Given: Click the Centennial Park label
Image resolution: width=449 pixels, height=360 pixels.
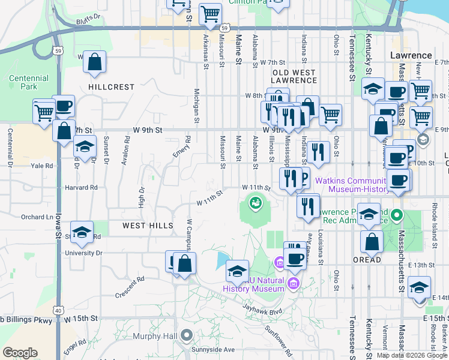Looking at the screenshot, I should [x=29, y=82].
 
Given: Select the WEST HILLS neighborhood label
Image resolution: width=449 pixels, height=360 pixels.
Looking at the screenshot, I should [x=148, y=226].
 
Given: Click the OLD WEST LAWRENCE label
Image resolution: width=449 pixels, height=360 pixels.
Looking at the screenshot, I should [x=294, y=76].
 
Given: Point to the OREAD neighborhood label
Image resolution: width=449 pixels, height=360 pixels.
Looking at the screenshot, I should [x=367, y=260].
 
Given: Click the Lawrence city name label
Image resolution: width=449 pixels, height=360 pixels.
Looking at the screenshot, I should [x=411, y=55].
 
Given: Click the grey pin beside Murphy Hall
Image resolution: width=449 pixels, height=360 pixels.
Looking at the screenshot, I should [x=186, y=335].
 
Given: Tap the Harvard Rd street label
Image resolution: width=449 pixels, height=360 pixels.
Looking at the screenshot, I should [x=83, y=187].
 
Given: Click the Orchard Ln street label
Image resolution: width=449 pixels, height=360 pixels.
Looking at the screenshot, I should [x=36, y=217].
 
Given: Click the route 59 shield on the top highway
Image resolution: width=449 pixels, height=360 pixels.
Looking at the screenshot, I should [x=223, y=28].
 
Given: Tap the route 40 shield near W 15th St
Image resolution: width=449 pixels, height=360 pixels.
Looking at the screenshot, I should [x=58, y=310].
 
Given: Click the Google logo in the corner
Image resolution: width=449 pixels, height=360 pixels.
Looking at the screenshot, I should [x=20, y=353].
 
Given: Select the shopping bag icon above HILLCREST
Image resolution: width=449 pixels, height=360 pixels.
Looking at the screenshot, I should [x=95, y=62].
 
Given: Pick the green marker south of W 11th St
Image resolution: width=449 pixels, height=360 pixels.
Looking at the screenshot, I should [x=256, y=203].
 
